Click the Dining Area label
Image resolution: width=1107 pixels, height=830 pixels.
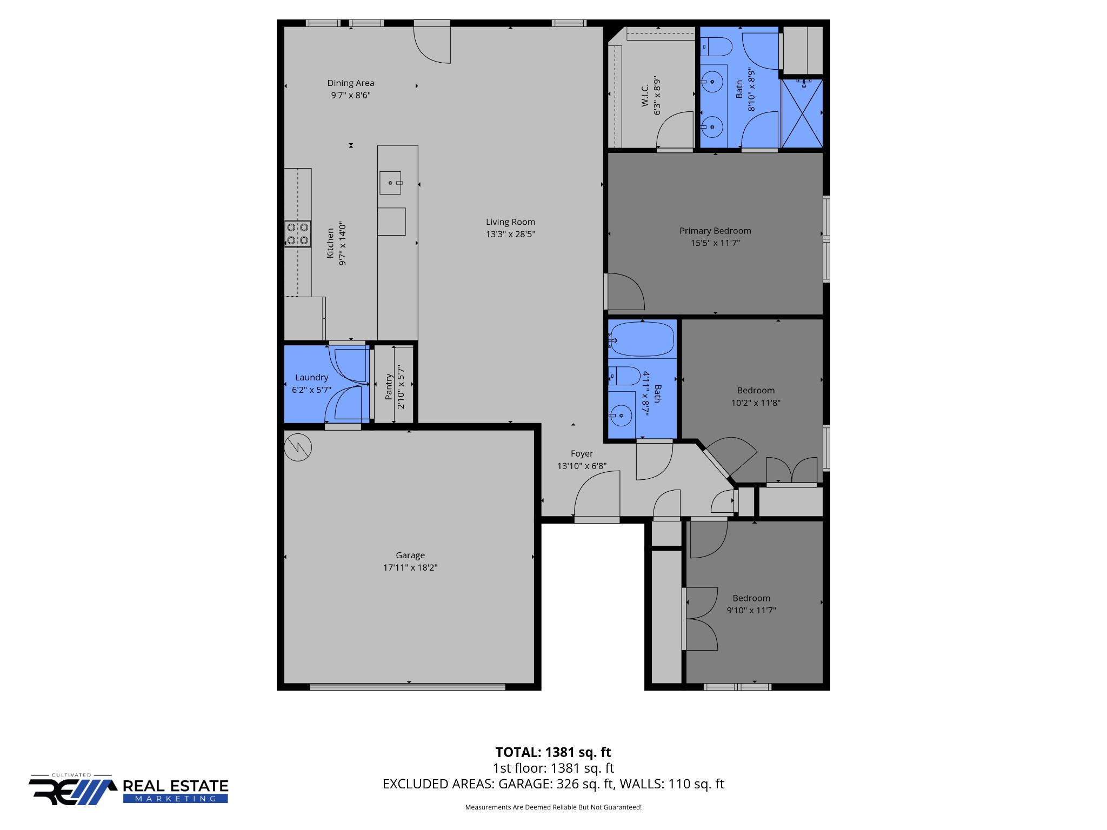point(350,83)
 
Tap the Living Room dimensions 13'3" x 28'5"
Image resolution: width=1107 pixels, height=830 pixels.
point(510,234)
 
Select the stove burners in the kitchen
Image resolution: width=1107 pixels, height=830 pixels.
point(298,234)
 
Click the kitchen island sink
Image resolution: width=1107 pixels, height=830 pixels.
point(390,183)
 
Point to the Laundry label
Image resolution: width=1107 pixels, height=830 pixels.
point(311,377)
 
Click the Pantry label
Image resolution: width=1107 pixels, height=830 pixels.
point(388,386)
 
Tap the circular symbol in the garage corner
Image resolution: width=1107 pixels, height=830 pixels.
point(298,447)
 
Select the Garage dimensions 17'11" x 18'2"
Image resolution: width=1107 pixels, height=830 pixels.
point(410,567)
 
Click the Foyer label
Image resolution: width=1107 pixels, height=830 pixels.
point(582,454)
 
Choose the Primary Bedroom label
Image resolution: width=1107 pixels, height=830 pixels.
point(715,231)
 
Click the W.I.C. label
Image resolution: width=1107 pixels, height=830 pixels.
point(645,96)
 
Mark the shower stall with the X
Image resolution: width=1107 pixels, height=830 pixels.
point(802,113)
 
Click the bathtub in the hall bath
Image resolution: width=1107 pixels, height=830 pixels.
point(642,339)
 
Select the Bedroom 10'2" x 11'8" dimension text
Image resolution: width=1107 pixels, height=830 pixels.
point(755,403)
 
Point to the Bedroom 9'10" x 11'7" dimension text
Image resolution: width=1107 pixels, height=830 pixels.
point(751,610)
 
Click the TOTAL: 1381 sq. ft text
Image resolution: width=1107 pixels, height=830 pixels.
point(552,752)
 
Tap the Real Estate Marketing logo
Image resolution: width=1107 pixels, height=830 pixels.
point(129,790)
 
